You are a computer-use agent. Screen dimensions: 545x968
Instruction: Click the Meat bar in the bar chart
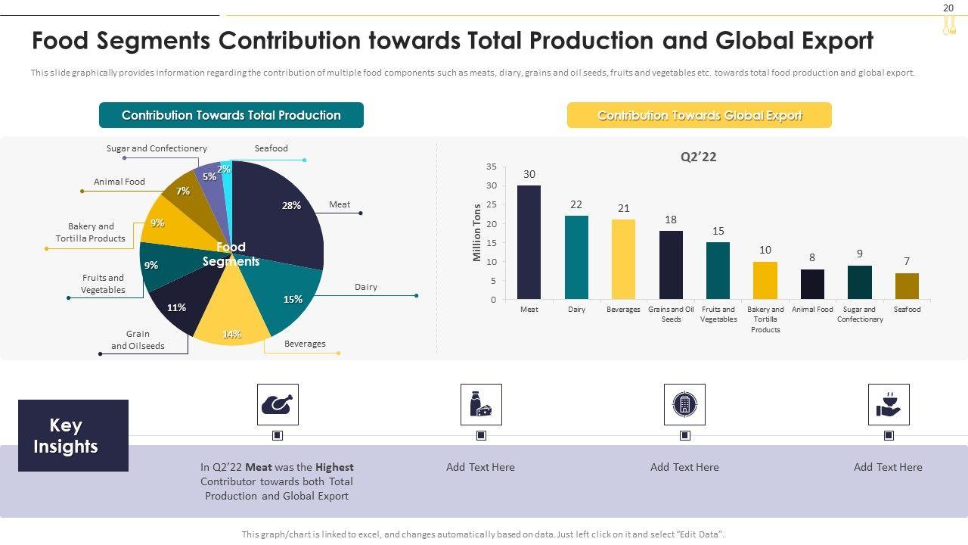(529, 242)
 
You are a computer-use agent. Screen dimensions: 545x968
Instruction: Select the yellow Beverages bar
(623, 259)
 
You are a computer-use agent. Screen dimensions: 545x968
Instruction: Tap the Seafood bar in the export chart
(907, 286)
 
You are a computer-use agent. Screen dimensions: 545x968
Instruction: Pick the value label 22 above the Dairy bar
(576, 204)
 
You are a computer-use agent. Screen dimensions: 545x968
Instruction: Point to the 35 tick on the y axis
(492, 167)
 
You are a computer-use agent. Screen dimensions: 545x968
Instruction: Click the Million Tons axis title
(477, 233)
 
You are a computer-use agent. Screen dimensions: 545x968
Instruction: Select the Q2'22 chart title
(698, 157)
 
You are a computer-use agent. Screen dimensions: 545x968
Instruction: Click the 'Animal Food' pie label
(119, 182)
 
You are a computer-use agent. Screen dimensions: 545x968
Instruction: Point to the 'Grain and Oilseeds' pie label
(138, 340)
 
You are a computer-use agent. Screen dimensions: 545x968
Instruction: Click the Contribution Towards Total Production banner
(231, 115)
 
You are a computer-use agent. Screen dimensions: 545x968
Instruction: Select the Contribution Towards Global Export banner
(700, 115)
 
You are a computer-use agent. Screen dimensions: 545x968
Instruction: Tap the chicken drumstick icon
(278, 404)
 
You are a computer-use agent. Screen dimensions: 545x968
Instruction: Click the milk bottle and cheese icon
(481, 404)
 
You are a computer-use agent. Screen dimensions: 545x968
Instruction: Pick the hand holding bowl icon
(889, 404)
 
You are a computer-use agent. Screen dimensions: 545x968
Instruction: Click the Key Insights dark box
(73, 435)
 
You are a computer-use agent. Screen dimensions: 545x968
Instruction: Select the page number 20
(948, 8)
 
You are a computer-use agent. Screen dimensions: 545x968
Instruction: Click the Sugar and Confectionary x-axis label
(860, 314)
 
